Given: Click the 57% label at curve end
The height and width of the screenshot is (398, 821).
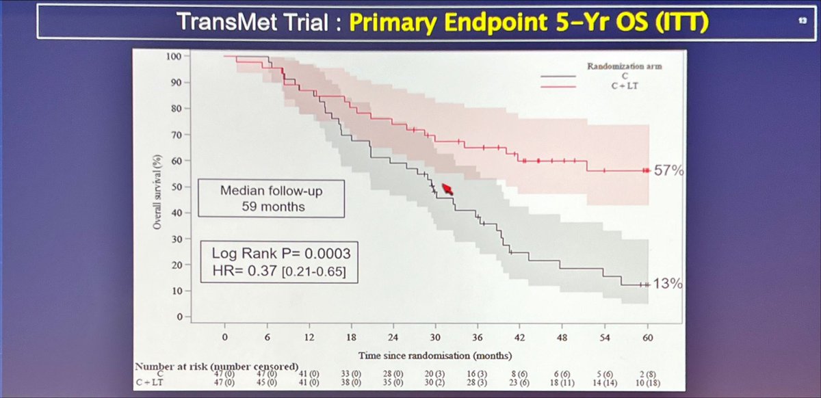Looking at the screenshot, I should (668, 171).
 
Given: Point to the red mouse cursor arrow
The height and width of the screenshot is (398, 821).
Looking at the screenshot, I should (449, 188).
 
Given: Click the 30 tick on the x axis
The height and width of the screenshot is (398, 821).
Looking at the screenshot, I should (434, 338).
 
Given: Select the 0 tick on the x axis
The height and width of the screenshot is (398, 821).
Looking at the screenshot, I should (224, 338).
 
